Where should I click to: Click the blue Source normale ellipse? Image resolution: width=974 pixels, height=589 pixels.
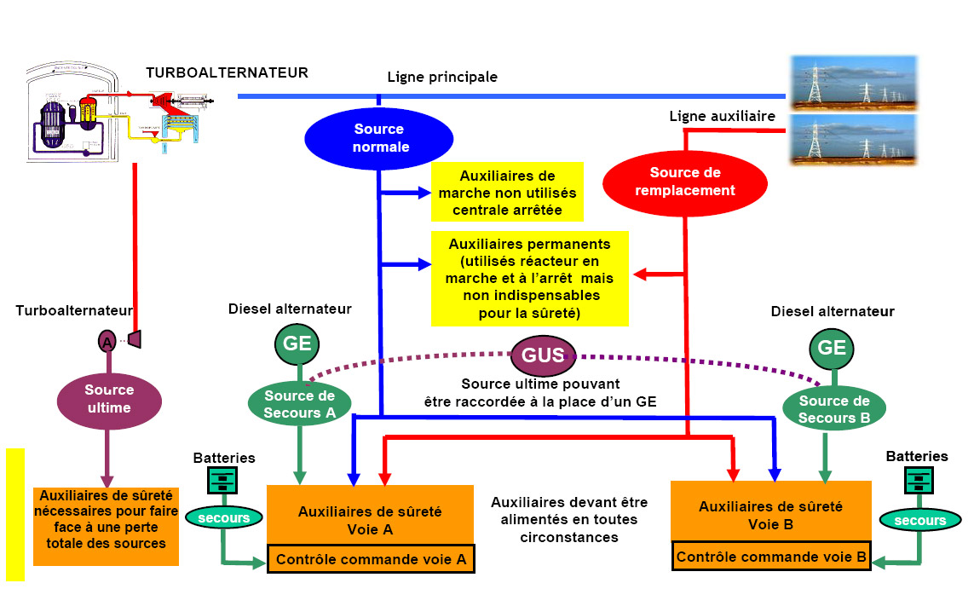click(x=379, y=138)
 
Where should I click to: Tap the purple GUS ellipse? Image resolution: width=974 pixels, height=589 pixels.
click(x=543, y=355)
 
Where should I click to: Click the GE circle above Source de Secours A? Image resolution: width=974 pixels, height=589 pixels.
click(x=298, y=345)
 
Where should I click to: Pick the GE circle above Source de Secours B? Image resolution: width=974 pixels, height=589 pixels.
click(x=831, y=348)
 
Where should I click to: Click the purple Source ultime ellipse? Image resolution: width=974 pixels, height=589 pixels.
click(x=109, y=399)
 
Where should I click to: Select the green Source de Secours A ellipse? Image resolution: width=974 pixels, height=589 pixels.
click(x=300, y=404)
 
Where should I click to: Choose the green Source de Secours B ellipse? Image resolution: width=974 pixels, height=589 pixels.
click(x=833, y=409)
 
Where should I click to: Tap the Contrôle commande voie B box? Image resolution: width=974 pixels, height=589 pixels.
click(x=771, y=557)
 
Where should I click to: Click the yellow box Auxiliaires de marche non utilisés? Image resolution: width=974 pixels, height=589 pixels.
click(x=506, y=193)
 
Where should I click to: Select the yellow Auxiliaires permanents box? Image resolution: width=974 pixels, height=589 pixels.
click(x=529, y=279)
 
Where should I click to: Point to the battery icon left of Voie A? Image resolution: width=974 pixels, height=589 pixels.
click(x=222, y=482)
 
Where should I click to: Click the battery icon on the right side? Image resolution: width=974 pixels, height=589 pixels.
click(x=918, y=482)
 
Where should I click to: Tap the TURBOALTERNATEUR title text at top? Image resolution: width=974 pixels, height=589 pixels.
click(x=227, y=72)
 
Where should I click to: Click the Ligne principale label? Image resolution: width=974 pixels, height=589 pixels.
click(x=442, y=78)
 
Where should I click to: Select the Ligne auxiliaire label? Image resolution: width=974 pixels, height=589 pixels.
click(x=722, y=116)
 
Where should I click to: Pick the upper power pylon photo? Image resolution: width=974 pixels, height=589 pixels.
click(x=853, y=81)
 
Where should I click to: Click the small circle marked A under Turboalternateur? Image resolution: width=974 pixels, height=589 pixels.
click(x=107, y=341)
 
